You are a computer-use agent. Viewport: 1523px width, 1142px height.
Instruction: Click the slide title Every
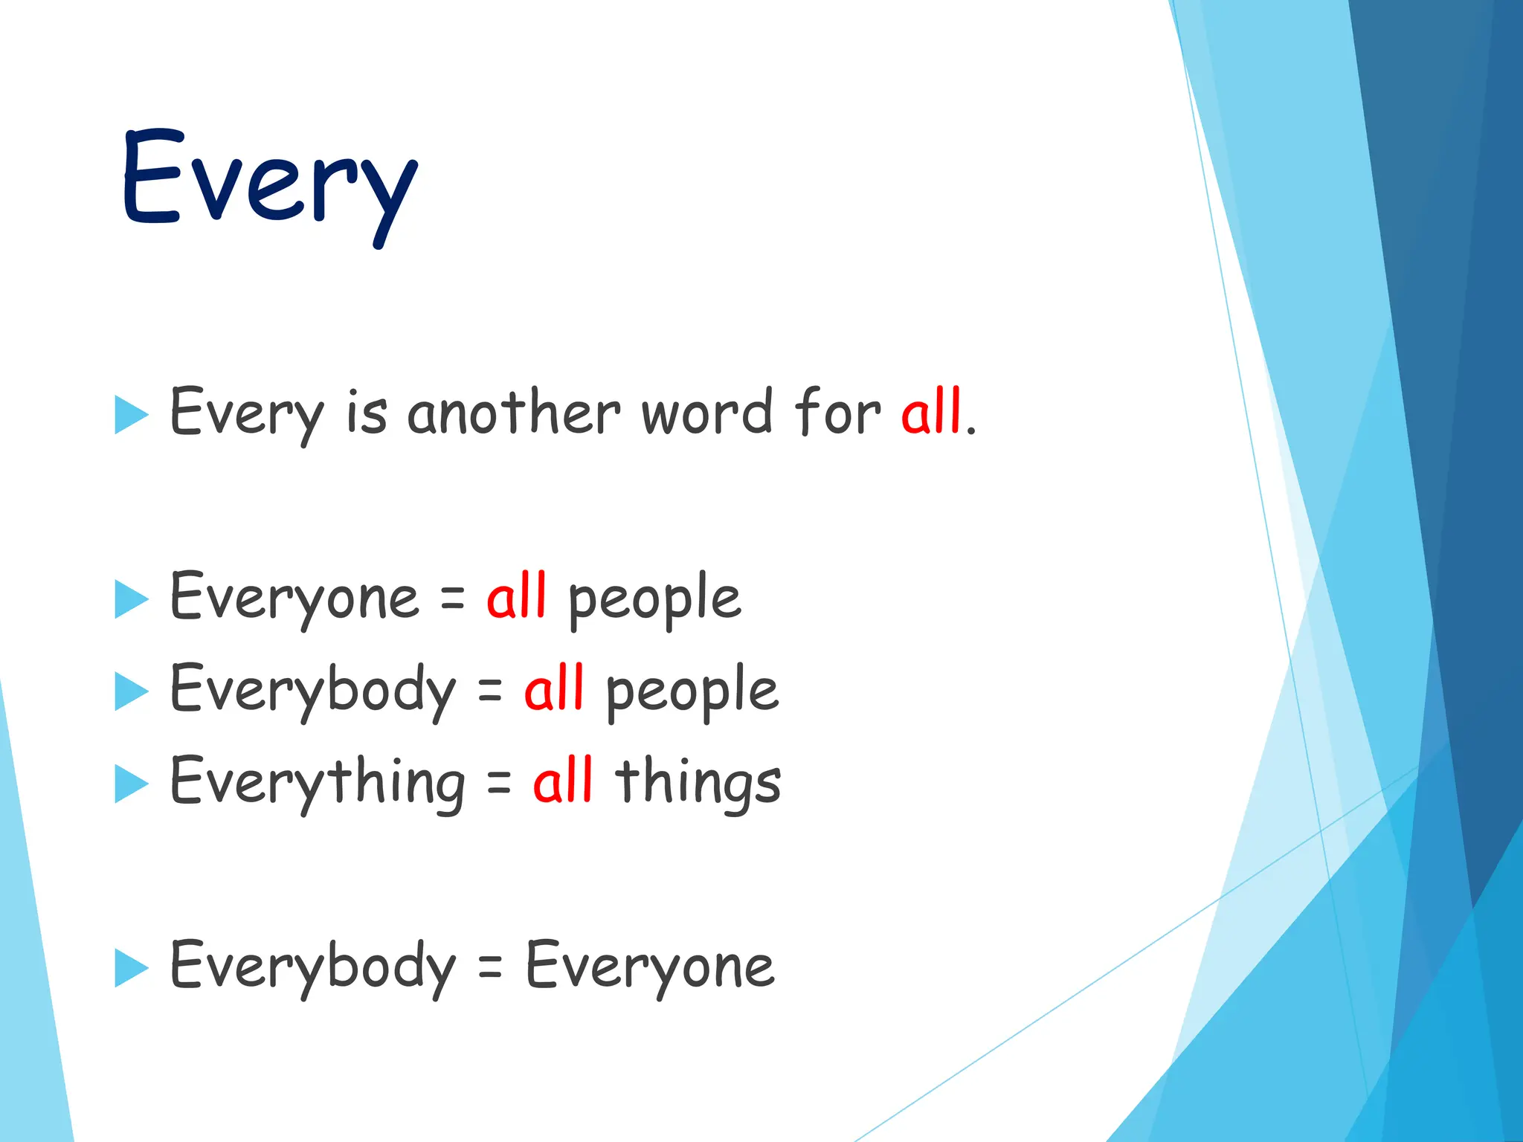[x=269, y=182]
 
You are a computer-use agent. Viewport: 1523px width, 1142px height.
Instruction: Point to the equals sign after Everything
[x=499, y=782]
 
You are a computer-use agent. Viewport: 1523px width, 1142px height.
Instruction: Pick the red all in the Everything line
[x=563, y=781]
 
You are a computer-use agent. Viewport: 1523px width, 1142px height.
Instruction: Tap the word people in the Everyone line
[x=654, y=599]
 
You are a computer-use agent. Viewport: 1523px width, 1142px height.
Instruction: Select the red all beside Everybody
[x=554, y=689]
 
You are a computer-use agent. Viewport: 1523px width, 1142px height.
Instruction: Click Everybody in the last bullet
[x=312, y=967]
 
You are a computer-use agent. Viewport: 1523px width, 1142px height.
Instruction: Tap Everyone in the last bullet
[x=650, y=967]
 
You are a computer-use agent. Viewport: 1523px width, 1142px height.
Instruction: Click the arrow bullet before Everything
[x=132, y=784]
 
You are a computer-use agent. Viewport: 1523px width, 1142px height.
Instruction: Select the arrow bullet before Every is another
[x=132, y=414]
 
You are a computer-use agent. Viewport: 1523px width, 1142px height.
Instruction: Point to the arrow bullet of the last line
[x=132, y=968]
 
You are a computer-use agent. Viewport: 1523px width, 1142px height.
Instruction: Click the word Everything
[x=318, y=782]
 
